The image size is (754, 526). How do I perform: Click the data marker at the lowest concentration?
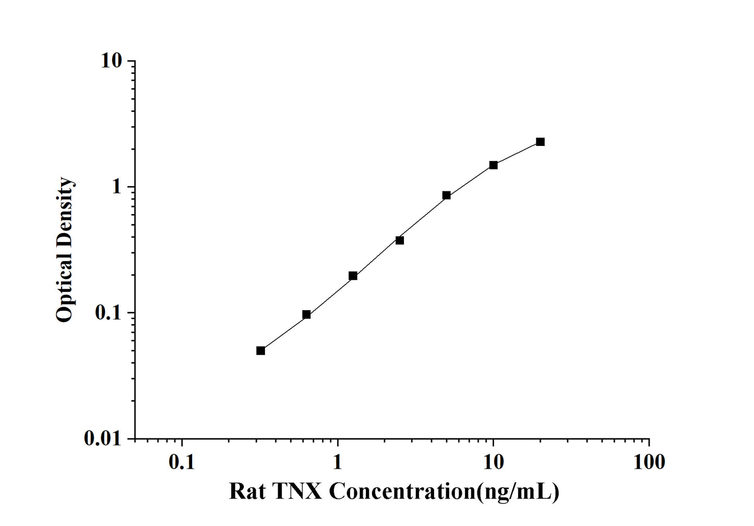click(x=260, y=350)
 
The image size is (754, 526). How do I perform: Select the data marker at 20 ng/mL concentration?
click(x=540, y=142)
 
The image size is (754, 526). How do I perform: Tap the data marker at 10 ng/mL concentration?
click(x=493, y=165)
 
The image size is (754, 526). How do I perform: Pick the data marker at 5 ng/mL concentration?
click(x=447, y=195)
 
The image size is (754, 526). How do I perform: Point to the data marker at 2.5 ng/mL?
click(x=400, y=240)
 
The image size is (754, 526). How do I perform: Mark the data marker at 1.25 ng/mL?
click(x=353, y=276)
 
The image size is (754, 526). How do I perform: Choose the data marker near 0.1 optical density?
click(x=306, y=314)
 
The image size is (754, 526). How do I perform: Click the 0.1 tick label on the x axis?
click(x=182, y=462)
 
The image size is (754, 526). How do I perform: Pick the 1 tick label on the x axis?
click(x=338, y=462)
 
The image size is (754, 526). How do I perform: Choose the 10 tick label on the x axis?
click(x=493, y=462)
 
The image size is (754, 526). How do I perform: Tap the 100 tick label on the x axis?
click(x=649, y=462)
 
